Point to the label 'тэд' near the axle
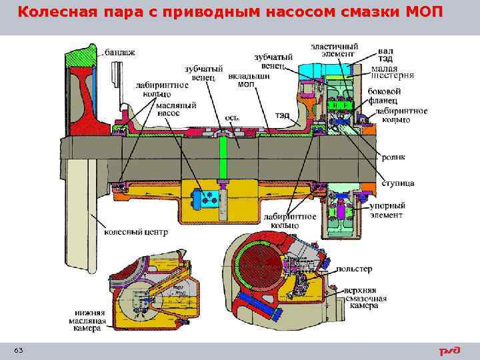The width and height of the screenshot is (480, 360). click(281, 115)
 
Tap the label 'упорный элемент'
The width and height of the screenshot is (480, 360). click(387, 211)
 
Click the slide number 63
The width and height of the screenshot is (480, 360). click(18, 351)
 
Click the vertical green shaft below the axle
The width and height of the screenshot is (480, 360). click(225, 163)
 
